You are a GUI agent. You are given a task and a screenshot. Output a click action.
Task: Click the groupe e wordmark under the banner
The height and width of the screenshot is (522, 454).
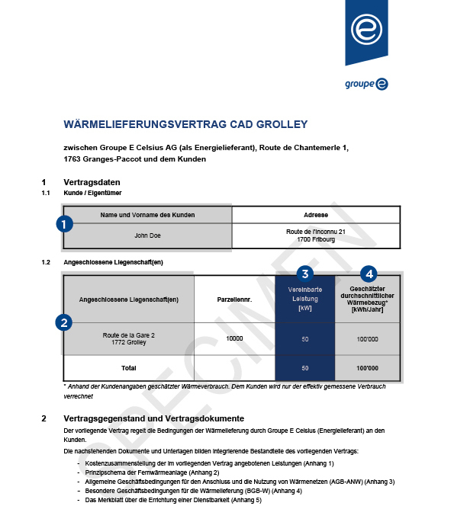pyautogui.click(x=366, y=84)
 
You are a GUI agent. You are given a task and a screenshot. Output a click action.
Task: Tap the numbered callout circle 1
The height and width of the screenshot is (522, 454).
pyautogui.click(x=65, y=224)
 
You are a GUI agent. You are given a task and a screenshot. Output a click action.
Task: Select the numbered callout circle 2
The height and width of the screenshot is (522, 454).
pyautogui.click(x=65, y=322)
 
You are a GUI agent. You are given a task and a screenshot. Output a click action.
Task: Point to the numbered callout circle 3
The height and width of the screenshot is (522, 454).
pyautogui.click(x=304, y=273)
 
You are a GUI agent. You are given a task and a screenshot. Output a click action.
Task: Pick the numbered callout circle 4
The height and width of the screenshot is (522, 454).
pyautogui.click(x=369, y=273)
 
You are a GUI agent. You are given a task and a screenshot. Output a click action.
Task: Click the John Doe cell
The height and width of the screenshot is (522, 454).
pyautogui.click(x=147, y=235)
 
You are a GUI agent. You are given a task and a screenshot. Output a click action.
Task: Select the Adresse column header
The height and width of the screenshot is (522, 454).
pyautogui.click(x=315, y=215)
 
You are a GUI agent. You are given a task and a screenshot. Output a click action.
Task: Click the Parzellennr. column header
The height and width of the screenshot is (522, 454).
pyautogui.click(x=234, y=299)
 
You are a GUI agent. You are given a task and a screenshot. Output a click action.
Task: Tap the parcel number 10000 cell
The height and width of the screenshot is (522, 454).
pyautogui.click(x=234, y=338)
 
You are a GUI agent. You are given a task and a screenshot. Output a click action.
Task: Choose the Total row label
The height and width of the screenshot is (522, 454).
pyautogui.click(x=128, y=368)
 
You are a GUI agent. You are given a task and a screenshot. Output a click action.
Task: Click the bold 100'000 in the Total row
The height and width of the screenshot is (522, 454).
pyautogui.click(x=367, y=368)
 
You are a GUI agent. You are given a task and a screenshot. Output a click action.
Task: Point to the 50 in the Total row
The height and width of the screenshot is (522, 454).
pyautogui.click(x=304, y=368)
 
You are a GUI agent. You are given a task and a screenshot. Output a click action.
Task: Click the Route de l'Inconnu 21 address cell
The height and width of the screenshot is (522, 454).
pyautogui.click(x=315, y=235)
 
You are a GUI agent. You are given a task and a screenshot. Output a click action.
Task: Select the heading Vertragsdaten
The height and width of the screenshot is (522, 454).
pyautogui.click(x=92, y=182)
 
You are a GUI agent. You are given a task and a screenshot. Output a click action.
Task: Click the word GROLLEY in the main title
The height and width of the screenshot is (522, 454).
pyautogui.click(x=281, y=124)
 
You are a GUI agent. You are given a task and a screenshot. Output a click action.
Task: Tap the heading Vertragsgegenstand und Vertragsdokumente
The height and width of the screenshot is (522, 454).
pyautogui.click(x=153, y=418)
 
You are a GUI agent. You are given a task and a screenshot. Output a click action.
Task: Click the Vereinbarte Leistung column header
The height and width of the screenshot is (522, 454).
pyautogui.click(x=304, y=299)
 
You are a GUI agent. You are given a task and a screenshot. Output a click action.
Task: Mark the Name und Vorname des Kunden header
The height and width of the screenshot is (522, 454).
pyautogui.click(x=147, y=215)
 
